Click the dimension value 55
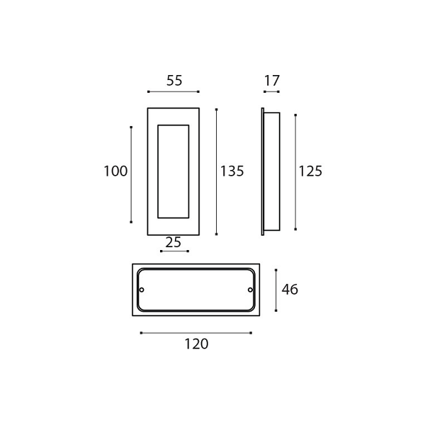(x=174, y=81)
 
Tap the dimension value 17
(x=271, y=81)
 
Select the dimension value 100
(x=115, y=171)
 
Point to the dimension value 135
(x=232, y=171)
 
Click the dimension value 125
(x=310, y=171)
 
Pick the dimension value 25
(x=174, y=242)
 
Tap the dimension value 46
(x=290, y=290)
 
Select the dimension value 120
(x=196, y=344)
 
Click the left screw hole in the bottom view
(x=142, y=290)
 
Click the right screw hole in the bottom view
(x=250, y=290)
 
